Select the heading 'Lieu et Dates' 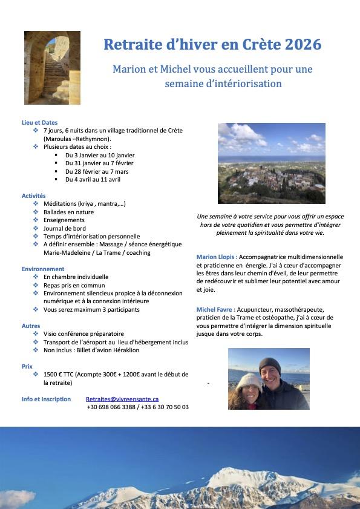[x=39, y=123]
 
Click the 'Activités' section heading [x=34, y=196]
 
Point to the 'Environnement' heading [x=43, y=269]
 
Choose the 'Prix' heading [x=27, y=366]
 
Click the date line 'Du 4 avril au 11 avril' [x=93, y=179]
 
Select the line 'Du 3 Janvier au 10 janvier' [x=99, y=155]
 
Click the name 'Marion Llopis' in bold [x=215, y=257]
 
